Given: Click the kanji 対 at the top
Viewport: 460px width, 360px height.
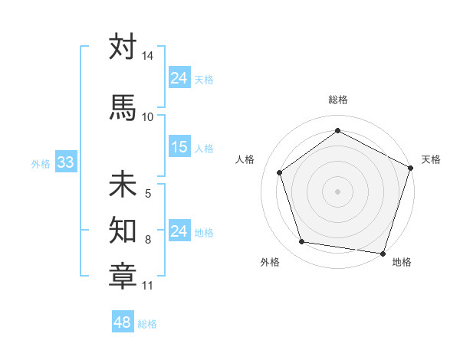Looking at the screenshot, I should tap(123, 47).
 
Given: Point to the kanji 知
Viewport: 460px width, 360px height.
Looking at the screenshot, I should tap(123, 227).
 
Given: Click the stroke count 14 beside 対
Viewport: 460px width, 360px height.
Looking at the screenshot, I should tap(148, 57).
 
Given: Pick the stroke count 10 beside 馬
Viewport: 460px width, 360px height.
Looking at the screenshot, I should tap(148, 116).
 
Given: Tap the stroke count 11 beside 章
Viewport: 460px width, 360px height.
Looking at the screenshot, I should tap(148, 286).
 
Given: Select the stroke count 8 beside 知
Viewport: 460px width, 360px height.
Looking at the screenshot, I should tap(148, 240).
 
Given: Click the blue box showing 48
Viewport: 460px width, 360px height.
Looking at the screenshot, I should tap(123, 322).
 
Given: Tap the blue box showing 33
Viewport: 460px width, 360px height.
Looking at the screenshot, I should tap(65, 162).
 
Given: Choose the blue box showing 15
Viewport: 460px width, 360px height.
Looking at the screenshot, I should tap(179, 147).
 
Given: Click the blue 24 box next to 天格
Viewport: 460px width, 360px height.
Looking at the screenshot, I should tap(179, 78).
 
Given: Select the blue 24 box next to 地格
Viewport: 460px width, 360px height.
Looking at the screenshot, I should tap(179, 231).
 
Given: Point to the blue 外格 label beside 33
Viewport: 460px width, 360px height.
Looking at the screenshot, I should tap(41, 163).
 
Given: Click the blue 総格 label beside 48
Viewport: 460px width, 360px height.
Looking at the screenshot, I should tap(147, 324).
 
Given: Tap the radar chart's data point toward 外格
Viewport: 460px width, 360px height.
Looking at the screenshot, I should tap(302, 242).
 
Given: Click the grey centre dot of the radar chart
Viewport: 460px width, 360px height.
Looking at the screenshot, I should tap(337, 191).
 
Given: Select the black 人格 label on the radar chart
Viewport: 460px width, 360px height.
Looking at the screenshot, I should tap(245, 159).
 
